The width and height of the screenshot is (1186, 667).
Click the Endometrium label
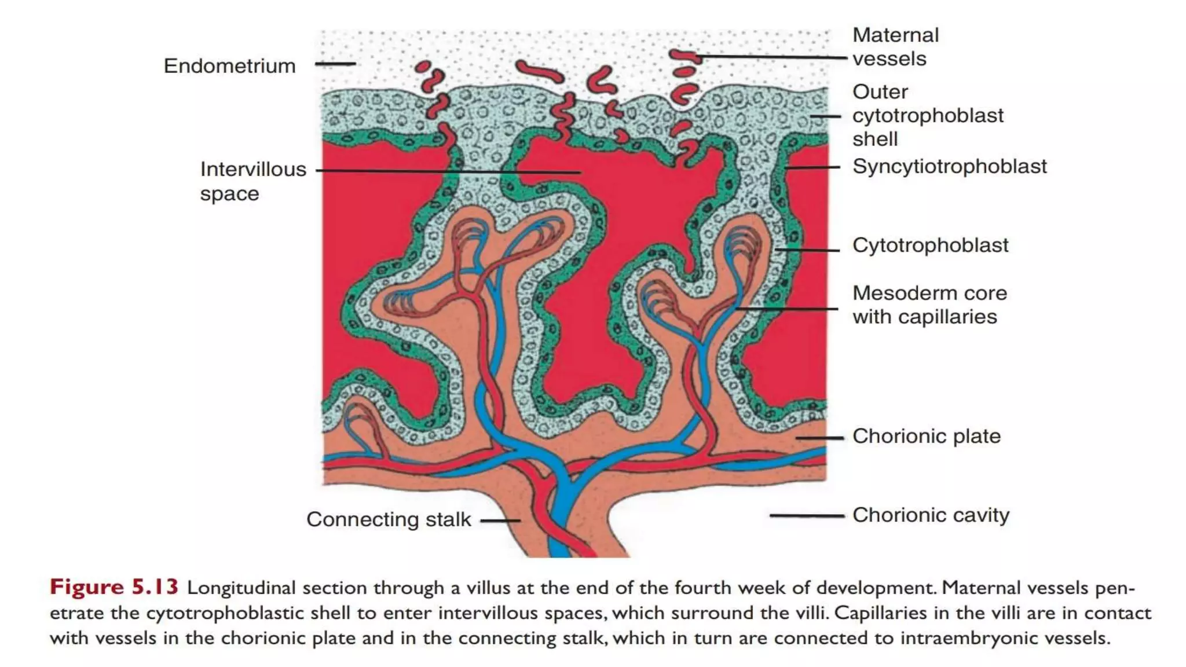(x=229, y=66)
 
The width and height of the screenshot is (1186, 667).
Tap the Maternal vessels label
(x=895, y=47)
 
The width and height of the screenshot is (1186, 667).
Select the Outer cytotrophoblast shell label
(x=927, y=115)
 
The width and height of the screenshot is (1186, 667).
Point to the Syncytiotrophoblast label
(x=949, y=167)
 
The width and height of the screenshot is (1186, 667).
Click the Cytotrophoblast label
(x=930, y=245)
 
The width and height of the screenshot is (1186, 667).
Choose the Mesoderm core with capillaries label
(x=929, y=305)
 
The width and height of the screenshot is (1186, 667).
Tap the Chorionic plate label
(x=926, y=436)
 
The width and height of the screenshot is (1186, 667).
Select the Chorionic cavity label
(x=931, y=515)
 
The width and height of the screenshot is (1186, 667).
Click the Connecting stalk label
(x=389, y=519)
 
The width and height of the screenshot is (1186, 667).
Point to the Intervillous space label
(x=253, y=181)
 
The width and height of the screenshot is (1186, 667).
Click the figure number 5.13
(x=155, y=587)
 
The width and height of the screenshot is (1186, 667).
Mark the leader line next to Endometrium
(x=335, y=64)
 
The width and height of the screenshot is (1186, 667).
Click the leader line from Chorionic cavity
(x=806, y=515)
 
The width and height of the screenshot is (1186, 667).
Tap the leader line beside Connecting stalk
(x=500, y=521)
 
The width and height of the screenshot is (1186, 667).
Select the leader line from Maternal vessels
(x=770, y=57)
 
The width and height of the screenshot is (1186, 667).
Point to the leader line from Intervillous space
(x=449, y=171)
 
